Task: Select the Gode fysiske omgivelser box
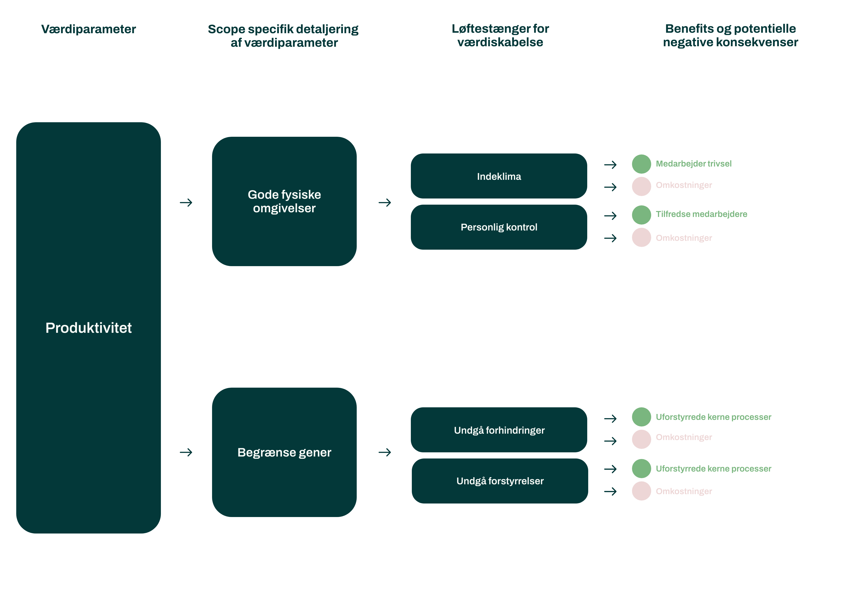point(284,201)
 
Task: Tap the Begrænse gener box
point(284,452)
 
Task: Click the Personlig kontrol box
point(499,227)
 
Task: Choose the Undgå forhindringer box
point(499,430)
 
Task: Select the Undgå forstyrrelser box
point(500,481)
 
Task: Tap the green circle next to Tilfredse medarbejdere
point(641,215)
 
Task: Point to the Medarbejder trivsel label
point(693,164)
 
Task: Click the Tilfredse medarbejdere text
point(701,214)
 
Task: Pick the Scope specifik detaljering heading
point(283,36)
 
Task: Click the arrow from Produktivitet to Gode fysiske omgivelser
point(186,203)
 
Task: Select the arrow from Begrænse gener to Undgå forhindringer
point(385,452)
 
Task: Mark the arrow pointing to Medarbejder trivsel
point(610,165)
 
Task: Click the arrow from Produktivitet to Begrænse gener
point(186,452)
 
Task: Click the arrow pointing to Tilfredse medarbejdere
point(610,216)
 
